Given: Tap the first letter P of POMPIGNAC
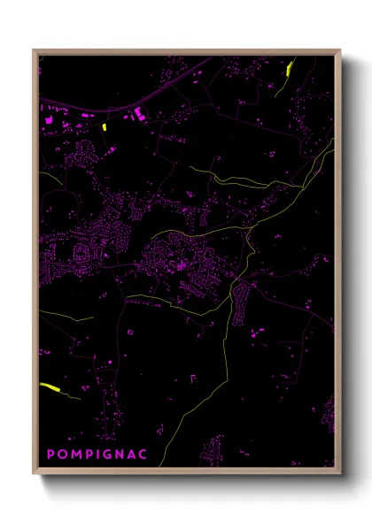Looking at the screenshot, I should click(x=50, y=455).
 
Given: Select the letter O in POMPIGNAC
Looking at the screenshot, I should click(x=62, y=455).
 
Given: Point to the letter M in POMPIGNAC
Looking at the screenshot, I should click(x=74, y=455).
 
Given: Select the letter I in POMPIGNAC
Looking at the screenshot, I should click(x=96, y=455).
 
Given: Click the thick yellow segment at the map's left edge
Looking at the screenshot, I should click(x=49, y=386).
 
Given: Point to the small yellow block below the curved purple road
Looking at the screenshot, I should click(x=104, y=126).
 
